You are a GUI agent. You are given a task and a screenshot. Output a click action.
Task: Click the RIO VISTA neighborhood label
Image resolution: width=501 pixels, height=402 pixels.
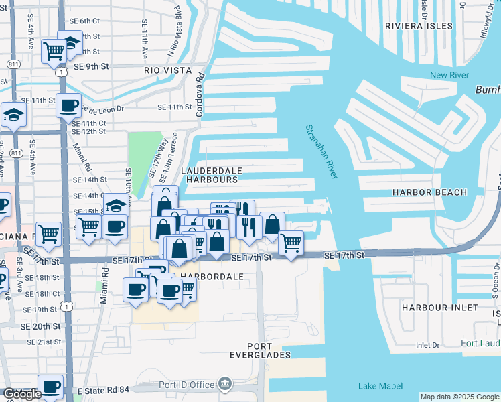point(167,70)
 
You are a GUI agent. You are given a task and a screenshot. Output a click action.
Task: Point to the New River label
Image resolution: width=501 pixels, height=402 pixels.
point(447,75)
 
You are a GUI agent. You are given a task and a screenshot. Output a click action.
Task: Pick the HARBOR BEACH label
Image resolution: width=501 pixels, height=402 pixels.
point(430,192)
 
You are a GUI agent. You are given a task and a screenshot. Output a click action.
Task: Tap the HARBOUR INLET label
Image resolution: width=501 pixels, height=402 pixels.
point(440,307)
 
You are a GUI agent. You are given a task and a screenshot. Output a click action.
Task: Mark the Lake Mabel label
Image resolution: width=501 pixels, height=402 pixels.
point(380,385)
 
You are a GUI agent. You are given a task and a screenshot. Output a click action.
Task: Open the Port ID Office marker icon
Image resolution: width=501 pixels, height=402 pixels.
point(224,385)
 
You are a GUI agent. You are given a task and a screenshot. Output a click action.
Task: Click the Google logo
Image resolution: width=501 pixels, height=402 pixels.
point(21,394)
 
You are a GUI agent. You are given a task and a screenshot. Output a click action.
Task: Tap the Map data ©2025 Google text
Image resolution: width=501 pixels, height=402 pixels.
point(459,397)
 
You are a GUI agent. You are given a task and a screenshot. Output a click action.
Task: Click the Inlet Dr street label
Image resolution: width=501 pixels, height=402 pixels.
point(427,346)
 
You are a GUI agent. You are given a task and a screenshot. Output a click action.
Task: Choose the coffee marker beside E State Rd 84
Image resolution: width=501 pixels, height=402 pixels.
point(50,386)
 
